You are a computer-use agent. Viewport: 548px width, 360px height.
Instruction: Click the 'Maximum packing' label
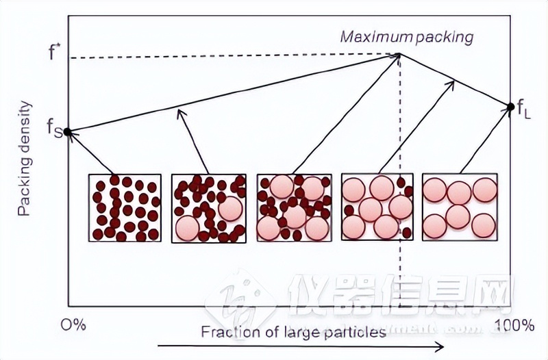[406, 36]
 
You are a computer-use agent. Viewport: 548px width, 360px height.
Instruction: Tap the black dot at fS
[67, 132]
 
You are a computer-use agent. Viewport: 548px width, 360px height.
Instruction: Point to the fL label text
[523, 107]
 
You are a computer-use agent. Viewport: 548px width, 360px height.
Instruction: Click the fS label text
[54, 128]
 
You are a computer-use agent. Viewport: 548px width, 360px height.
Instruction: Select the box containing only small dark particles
[124, 207]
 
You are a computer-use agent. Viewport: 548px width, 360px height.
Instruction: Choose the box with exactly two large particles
[208, 207]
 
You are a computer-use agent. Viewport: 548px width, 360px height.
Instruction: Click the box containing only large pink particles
[459, 207]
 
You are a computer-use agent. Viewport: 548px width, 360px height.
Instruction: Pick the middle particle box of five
[293, 207]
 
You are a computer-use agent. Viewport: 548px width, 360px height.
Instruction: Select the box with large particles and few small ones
[377, 207]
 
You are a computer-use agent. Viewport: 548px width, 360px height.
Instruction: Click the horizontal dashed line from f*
[233, 57]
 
